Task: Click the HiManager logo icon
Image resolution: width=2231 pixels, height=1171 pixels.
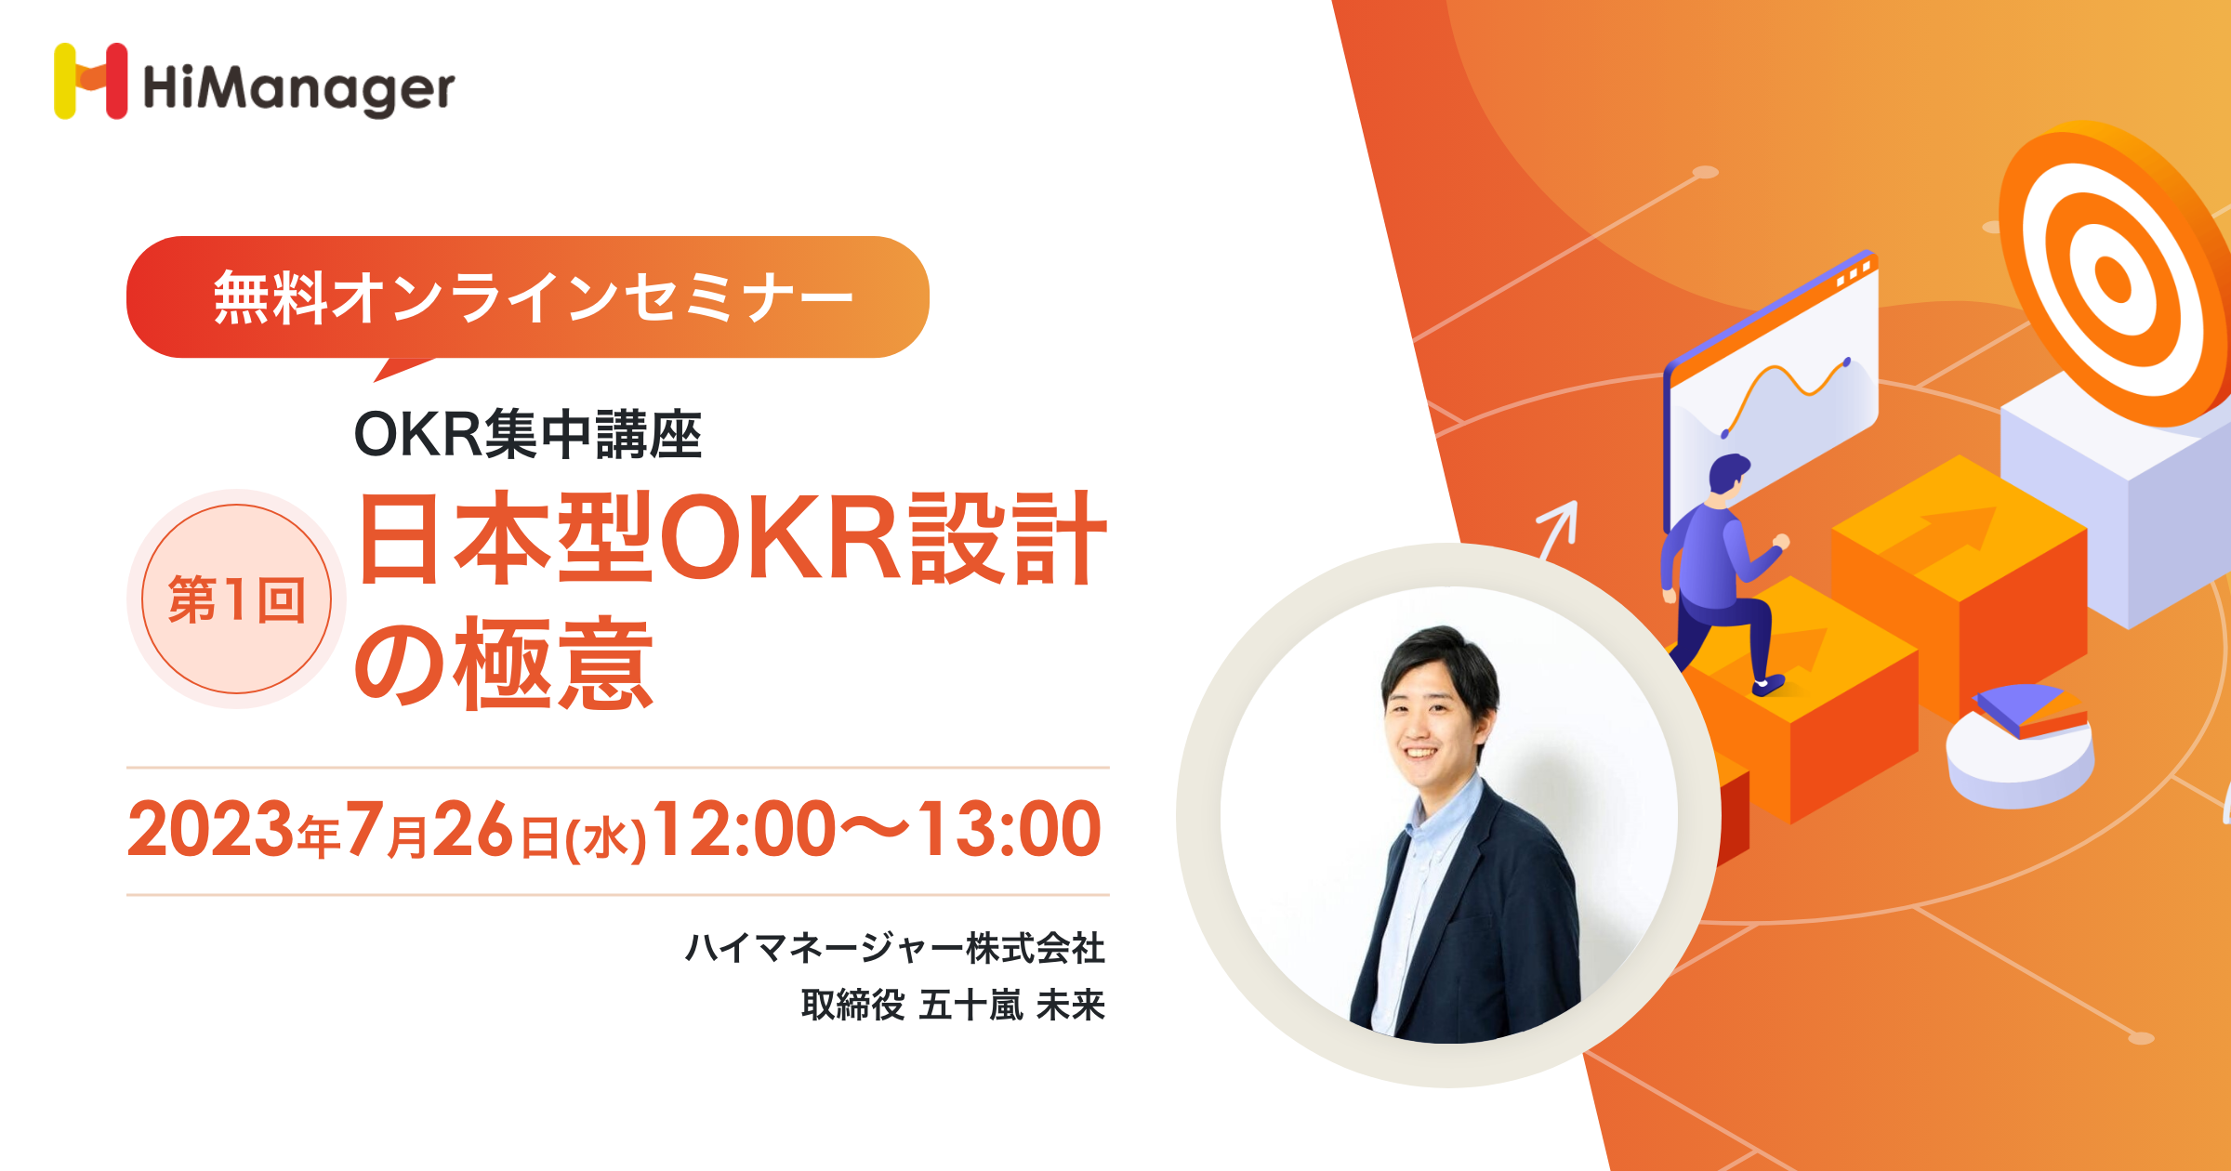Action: click(x=90, y=81)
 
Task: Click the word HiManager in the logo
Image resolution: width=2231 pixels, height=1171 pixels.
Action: click(x=298, y=90)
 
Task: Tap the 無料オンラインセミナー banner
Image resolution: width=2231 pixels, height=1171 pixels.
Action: click(x=528, y=297)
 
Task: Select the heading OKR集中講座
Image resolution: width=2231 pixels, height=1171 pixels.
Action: click(x=527, y=434)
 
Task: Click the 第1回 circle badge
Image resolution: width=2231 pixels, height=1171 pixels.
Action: click(x=236, y=599)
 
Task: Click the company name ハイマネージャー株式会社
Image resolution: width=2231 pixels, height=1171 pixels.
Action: click(x=894, y=948)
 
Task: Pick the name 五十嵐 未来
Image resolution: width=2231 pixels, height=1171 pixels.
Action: click(x=1011, y=1005)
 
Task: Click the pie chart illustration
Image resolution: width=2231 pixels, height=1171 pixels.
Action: click(x=2020, y=744)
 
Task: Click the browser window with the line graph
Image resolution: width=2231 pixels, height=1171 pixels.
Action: click(x=1770, y=390)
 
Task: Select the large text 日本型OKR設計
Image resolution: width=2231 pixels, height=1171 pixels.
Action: click(x=733, y=539)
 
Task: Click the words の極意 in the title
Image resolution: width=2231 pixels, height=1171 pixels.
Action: click(x=505, y=664)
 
